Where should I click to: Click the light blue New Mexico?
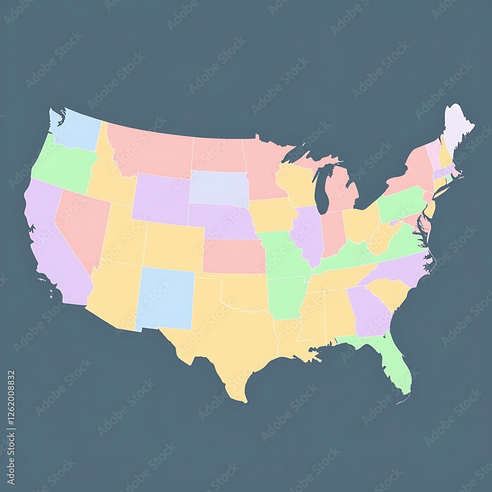(x=165, y=298)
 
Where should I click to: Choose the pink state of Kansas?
(x=234, y=256)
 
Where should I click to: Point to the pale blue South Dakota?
(x=219, y=187)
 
